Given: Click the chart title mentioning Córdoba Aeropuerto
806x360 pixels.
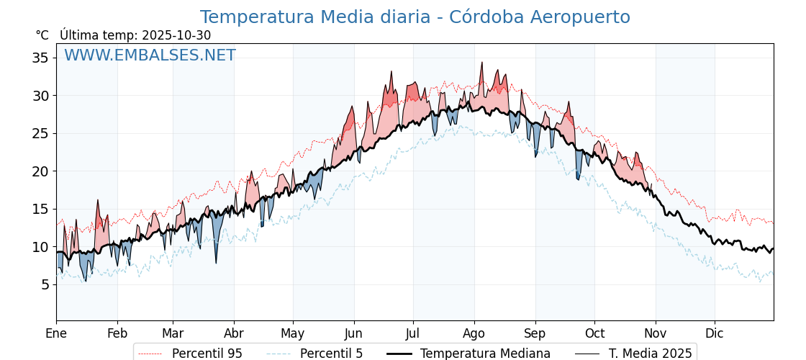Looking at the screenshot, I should pos(415,17).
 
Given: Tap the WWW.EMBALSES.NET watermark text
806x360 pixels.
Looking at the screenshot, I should pos(150,55).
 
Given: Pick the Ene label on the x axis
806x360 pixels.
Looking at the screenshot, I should pos(56,333).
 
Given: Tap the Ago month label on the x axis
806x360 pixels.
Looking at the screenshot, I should pos(474,333).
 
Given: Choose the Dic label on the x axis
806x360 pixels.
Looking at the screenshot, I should pos(714,333).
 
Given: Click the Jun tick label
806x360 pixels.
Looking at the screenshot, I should pos(353,333).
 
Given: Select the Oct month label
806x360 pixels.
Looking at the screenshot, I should pos(594,333).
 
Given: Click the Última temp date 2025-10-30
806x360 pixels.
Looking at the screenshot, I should pos(176,35).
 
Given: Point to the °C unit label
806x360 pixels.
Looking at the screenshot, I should pos(42,35).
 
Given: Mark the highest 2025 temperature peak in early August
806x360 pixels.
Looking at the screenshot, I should pos(481,63).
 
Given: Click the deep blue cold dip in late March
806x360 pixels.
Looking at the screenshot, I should pos(216,262).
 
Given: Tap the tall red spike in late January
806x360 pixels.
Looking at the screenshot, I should pos(98,201).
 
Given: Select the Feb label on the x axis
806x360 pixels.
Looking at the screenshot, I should pos(117,333).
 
